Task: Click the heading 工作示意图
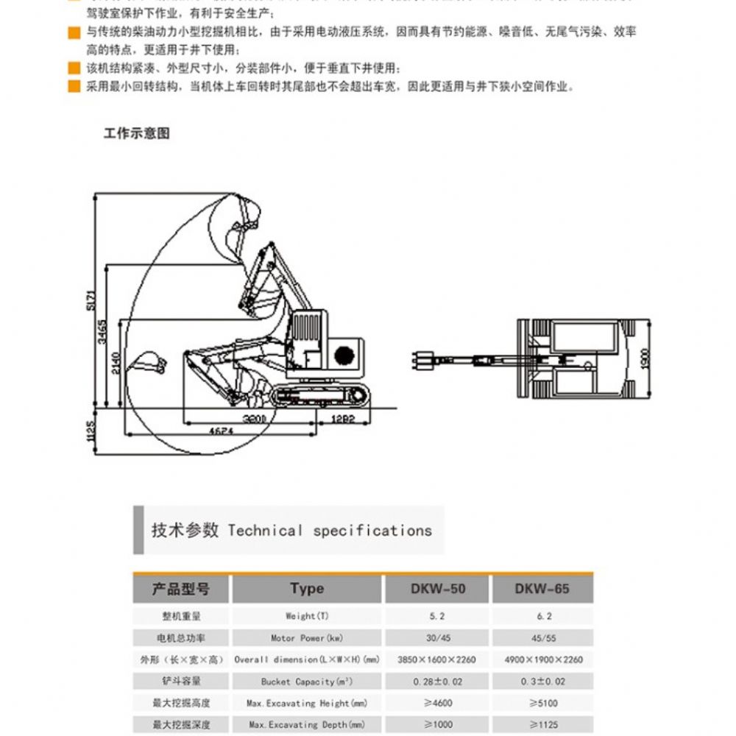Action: click(137, 133)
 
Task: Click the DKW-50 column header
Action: click(438, 589)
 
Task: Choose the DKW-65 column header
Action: click(542, 589)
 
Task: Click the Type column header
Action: click(307, 589)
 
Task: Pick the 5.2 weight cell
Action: click(438, 616)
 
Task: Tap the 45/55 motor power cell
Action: click(542, 638)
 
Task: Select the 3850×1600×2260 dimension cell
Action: click(438, 659)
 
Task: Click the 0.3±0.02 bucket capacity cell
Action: click(542, 682)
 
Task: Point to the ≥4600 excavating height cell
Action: click(438, 703)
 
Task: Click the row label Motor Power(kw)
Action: click(307, 638)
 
